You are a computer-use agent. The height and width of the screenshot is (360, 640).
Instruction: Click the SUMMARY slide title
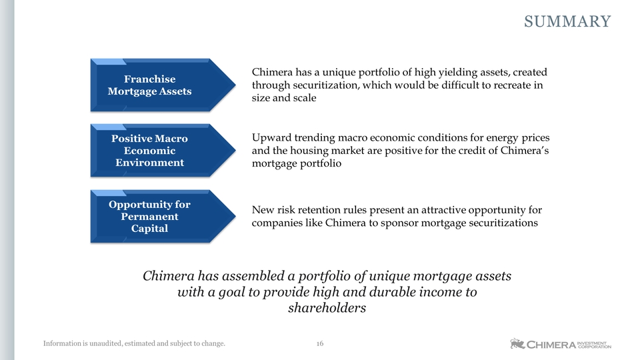pos(567,21)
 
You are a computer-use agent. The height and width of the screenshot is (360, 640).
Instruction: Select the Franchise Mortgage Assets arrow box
pos(163,85)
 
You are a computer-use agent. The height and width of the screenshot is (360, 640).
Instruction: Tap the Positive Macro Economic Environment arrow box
pos(163,151)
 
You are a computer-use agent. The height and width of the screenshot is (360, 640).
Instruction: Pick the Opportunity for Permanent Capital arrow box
pos(163,216)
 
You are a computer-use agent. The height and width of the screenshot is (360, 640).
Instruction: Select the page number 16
pos(320,344)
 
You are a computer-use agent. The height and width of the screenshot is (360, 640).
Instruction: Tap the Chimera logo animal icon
pos(517,344)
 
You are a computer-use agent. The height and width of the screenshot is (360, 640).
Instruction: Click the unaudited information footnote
pos(134,344)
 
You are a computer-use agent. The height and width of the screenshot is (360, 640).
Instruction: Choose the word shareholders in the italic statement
pos(327,308)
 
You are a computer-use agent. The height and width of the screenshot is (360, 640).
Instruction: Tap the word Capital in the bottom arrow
pos(149,229)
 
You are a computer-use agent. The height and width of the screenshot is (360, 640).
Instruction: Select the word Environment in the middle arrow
pos(150,163)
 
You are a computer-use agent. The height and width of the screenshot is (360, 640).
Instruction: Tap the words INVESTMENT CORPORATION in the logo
pos(595,345)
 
